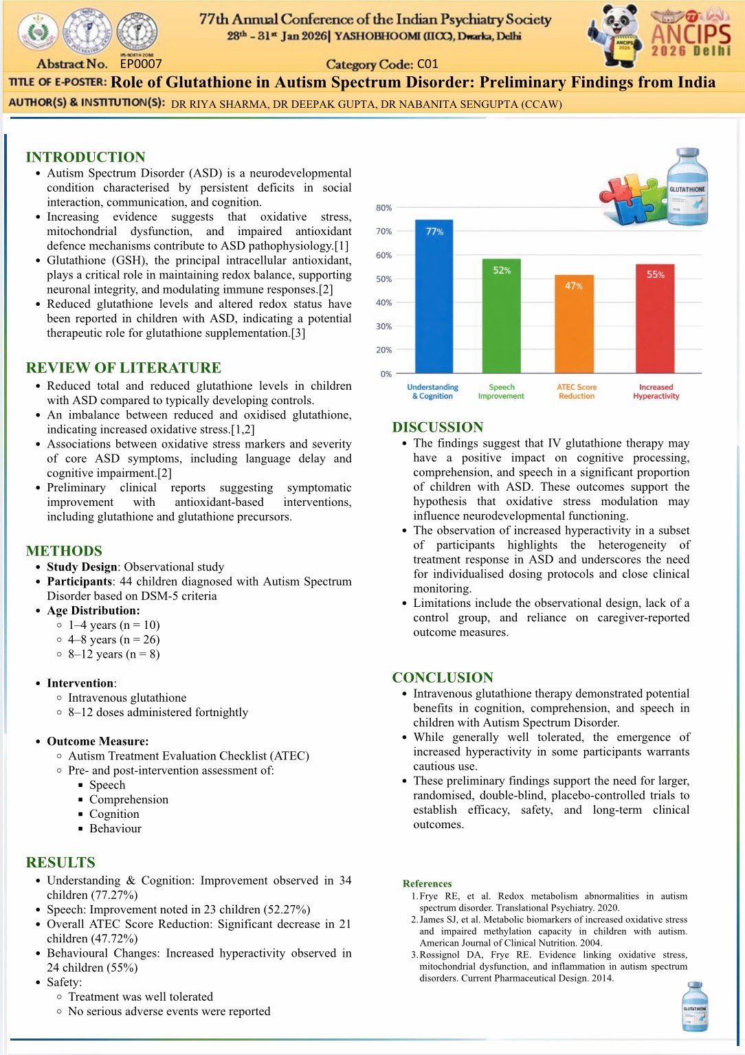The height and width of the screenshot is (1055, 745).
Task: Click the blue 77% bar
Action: (x=434, y=296)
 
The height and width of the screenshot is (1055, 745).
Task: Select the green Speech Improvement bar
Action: (x=501, y=315)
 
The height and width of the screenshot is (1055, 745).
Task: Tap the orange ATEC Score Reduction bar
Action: (x=574, y=324)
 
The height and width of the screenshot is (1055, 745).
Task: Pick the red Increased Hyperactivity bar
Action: (x=655, y=318)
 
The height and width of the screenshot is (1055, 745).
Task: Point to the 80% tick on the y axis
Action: (x=383, y=208)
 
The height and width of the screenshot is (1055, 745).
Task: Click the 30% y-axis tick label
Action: (x=383, y=326)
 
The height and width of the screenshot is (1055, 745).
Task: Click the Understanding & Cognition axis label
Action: (x=432, y=392)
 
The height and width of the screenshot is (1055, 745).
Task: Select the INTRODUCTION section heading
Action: (x=85, y=157)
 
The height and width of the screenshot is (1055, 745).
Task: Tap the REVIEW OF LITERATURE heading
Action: (x=123, y=368)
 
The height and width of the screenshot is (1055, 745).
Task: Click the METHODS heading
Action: (x=64, y=551)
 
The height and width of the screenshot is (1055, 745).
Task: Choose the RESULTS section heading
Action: (x=60, y=863)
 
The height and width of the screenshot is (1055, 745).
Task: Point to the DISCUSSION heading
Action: (x=437, y=427)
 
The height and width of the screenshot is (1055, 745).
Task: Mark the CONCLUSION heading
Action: (x=443, y=677)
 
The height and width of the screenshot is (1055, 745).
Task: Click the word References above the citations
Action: (x=427, y=883)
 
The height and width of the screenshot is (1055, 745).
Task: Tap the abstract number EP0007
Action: (x=141, y=64)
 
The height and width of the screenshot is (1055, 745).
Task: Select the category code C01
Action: (x=427, y=64)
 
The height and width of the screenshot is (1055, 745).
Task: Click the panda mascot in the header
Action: (x=616, y=34)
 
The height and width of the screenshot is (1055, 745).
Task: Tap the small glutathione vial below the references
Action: (x=694, y=1006)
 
